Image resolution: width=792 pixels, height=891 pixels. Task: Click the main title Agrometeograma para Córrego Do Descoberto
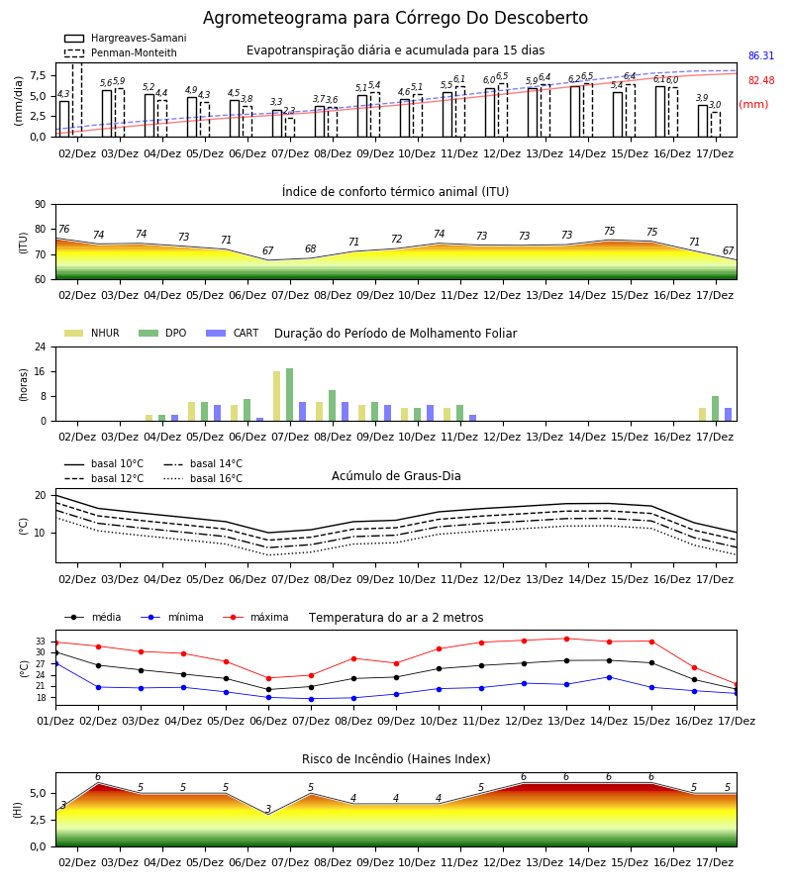pyautogui.click(x=395, y=18)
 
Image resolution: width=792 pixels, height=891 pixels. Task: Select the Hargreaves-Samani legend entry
pyautogui.click(x=126, y=38)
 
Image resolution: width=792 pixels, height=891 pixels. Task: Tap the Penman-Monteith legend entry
pyautogui.click(x=121, y=52)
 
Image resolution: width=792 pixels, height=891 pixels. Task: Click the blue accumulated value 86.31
pyautogui.click(x=761, y=55)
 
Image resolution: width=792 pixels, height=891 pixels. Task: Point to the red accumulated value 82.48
pyautogui.click(x=761, y=81)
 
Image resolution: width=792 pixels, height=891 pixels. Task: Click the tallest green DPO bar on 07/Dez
pyautogui.click(x=290, y=395)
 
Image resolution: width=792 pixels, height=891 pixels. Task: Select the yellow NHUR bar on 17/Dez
pyautogui.click(x=702, y=414)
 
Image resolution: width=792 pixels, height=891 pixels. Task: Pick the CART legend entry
pyautogui.click(x=233, y=333)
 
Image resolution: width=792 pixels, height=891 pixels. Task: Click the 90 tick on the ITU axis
pyautogui.click(x=41, y=205)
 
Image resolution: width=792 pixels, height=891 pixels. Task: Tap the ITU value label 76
pyautogui.click(x=63, y=229)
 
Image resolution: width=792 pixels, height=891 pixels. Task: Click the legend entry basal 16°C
pyautogui.click(x=203, y=478)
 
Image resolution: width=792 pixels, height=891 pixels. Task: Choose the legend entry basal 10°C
pyautogui.click(x=104, y=463)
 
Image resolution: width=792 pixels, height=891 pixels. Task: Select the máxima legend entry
pyautogui.click(x=256, y=617)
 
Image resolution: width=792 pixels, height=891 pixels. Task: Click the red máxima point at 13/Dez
pyautogui.click(x=566, y=639)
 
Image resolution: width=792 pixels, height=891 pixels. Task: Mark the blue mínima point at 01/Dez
pyautogui.click(x=55, y=663)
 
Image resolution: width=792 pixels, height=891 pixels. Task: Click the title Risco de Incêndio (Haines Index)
pyautogui.click(x=396, y=759)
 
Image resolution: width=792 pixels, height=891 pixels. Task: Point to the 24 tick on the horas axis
pyautogui.click(x=41, y=346)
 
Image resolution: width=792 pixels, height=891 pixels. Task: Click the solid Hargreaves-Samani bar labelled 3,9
pyautogui.click(x=703, y=121)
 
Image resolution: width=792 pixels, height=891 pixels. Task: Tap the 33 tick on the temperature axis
pyautogui.click(x=41, y=642)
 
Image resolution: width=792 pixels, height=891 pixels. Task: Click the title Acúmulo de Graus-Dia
pyautogui.click(x=396, y=476)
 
